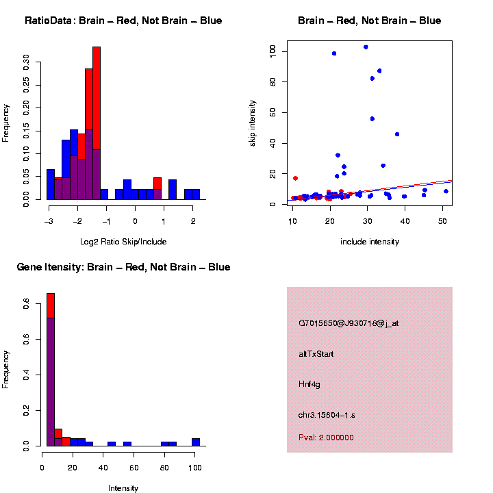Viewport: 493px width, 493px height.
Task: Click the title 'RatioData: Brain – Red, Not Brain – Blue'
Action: coord(123,21)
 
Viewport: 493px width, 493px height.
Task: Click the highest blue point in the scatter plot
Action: coord(366,47)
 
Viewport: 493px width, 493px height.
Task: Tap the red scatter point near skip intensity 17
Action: coord(295,178)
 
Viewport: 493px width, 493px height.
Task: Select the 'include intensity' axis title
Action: coord(370,241)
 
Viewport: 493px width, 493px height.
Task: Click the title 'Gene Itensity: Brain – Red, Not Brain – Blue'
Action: coord(124,267)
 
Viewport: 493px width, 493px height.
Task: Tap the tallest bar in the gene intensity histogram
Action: coord(50,370)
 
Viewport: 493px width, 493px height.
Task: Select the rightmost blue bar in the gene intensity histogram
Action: coord(196,442)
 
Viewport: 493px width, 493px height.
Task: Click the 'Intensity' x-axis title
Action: coord(123,488)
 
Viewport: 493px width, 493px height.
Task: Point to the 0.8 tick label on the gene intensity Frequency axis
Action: coord(27,307)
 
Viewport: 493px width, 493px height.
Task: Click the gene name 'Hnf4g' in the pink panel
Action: coord(309,384)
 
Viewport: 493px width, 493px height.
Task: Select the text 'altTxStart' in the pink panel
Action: coord(316,354)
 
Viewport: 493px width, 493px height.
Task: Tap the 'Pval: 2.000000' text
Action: coord(326,438)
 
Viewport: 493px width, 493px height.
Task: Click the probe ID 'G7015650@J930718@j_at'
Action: coord(349,323)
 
